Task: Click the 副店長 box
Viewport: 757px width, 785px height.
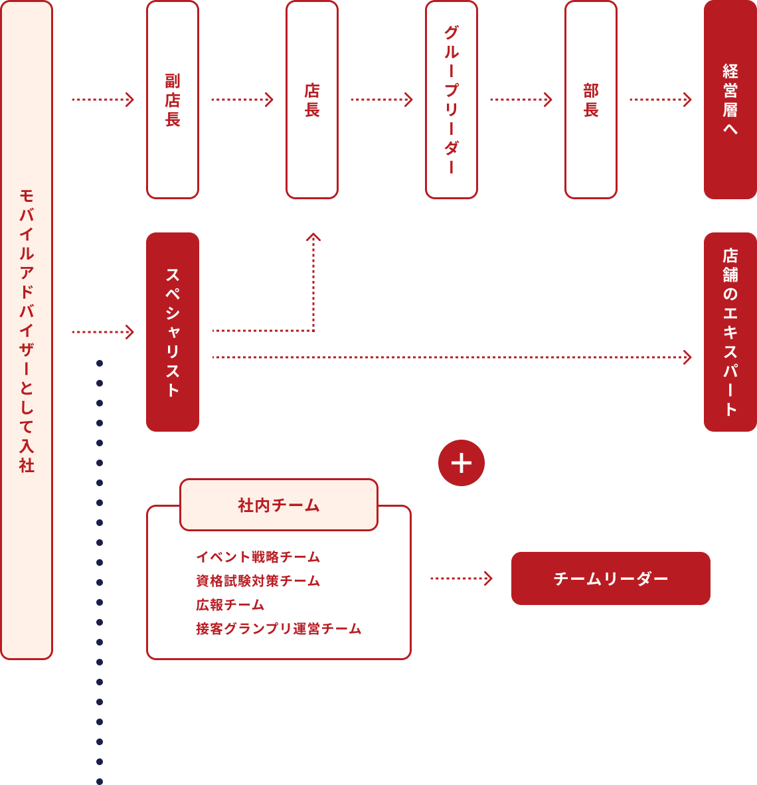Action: click(173, 100)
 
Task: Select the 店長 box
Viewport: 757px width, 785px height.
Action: click(312, 100)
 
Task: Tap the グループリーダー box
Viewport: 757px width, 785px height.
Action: click(452, 100)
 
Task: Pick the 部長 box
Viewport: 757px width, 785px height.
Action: click(591, 100)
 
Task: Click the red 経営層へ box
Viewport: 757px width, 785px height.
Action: click(730, 100)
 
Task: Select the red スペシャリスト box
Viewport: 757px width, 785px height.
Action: click(173, 332)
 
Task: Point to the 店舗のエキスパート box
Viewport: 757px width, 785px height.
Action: click(730, 332)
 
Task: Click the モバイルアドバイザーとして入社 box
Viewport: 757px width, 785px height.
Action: click(27, 330)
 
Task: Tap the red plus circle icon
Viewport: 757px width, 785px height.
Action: click(462, 463)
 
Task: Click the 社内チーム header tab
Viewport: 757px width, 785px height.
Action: click(279, 505)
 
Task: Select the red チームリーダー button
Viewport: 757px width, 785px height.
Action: click(611, 578)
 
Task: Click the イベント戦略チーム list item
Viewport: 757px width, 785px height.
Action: click(258, 557)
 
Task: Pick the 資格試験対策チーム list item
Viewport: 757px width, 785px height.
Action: click(258, 580)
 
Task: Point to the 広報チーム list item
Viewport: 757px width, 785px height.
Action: click(230, 604)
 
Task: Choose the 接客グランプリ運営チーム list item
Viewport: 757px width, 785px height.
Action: click(279, 628)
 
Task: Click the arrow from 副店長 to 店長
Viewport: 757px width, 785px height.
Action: click(242, 100)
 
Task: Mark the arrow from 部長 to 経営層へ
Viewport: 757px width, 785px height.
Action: click(661, 100)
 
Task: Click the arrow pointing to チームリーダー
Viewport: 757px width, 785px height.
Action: click(462, 578)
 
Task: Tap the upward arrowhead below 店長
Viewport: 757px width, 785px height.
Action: click(313, 237)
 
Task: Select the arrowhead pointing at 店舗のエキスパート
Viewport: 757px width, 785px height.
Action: click(687, 357)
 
